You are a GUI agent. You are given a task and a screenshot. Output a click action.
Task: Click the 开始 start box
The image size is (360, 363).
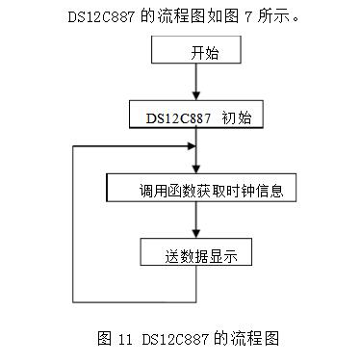tap(198, 54)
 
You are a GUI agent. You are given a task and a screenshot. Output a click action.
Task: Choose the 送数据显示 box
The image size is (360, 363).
tap(198, 254)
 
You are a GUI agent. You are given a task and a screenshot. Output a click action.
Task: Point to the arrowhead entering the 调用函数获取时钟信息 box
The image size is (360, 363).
tap(197, 169)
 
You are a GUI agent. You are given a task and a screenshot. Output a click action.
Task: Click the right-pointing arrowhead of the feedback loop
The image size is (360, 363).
tap(191, 146)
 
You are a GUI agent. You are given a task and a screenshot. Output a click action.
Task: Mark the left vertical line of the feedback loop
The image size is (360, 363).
tap(74, 221)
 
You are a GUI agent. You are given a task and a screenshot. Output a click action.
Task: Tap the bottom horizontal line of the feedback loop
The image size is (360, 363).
tap(135, 297)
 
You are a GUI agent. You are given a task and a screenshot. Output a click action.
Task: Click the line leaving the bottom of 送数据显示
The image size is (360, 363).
tap(197, 283)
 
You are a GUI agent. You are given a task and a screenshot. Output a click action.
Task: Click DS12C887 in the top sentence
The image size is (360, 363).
tap(103, 17)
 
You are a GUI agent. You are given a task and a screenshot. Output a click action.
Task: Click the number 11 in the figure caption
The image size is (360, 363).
tap(126, 339)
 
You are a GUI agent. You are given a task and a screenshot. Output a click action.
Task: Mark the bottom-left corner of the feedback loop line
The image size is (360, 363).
tap(74, 297)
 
